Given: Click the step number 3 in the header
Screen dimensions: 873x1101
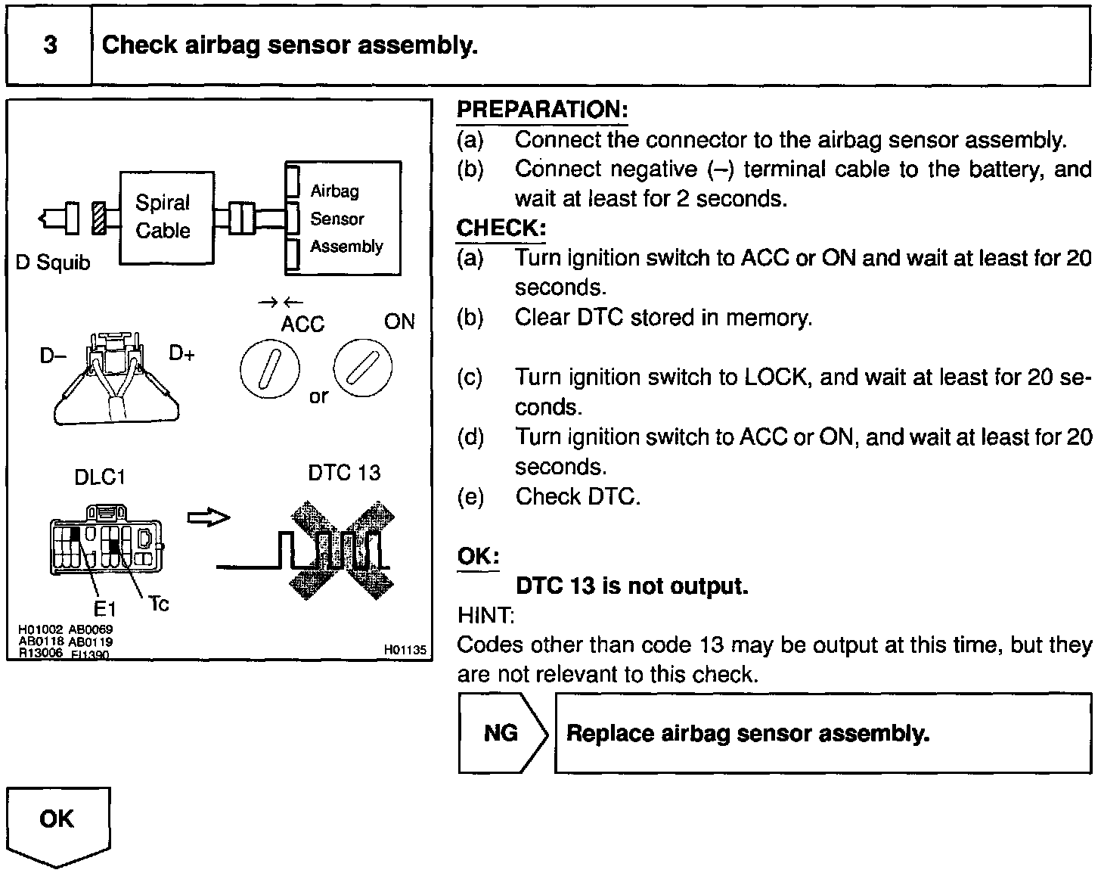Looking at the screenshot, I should click(x=50, y=45).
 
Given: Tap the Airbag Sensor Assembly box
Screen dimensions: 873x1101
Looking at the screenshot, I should click(x=343, y=218).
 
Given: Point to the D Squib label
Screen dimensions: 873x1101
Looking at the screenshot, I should click(x=53, y=263).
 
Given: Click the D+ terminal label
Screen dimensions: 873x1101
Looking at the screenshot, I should click(x=182, y=353).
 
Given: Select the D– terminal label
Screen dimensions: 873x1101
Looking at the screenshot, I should click(x=53, y=355).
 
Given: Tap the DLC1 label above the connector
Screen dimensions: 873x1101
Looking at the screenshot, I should click(x=100, y=477).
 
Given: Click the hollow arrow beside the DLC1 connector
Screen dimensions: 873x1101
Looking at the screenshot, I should click(x=209, y=517).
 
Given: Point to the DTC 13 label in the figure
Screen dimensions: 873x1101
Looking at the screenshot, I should click(x=344, y=474).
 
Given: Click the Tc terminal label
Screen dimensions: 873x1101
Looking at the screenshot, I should click(x=159, y=603).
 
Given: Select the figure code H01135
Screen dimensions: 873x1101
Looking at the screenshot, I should click(x=405, y=649).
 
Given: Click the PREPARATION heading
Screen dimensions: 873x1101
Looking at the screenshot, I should click(x=542, y=110).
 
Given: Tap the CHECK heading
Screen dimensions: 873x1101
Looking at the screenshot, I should click(x=501, y=228).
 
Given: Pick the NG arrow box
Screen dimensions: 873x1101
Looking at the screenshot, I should click(x=502, y=732).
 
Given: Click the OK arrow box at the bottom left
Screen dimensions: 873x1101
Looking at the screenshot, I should click(x=58, y=825).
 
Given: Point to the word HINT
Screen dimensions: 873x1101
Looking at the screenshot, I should click(x=485, y=615).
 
